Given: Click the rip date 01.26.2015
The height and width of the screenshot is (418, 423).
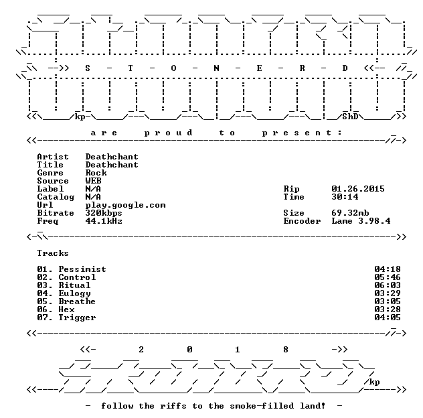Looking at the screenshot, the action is pyautogui.click(x=358, y=188).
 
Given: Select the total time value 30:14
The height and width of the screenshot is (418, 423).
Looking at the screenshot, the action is pyautogui.click(x=345, y=196).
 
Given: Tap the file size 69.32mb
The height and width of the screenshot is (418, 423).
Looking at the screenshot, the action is pyautogui.click(x=350, y=213).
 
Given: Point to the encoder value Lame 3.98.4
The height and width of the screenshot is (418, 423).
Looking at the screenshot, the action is pyautogui.click(x=361, y=221).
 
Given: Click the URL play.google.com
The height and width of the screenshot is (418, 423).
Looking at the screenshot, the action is pyautogui.click(x=125, y=205).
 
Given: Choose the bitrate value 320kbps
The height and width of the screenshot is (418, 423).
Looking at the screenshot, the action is pyautogui.click(x=104, y=213).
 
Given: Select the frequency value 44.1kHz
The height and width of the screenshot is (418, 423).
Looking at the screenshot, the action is pyautogui.click(x=104, y=221).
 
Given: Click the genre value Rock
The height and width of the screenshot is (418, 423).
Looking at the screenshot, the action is pyautogui.click(x=96, y=173).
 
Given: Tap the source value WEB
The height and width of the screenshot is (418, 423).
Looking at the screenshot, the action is pyautogui.click(x=93, y=181).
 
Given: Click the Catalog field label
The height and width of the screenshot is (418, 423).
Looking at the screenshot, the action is pyautogui.click(x=56, y=197).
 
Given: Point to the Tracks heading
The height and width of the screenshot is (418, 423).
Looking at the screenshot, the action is pyautogui.click(x=53, y=253).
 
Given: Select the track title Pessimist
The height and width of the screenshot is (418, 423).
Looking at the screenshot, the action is pyautogui.click(x=82, y=269).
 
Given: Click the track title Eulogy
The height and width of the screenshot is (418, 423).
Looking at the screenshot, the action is pyautogui.click(x=74, y=293).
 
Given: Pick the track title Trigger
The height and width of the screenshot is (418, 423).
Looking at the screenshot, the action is pyautogui.click(x=77, y=318).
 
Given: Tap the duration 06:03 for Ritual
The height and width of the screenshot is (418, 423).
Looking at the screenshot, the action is pyautogui.click(x=388, y=285).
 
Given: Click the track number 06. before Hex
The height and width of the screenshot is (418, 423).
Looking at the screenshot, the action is pyautogui.click(x=45, y=309).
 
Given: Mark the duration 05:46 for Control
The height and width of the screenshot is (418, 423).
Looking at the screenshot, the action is pyautogui.click(x=388, y=277).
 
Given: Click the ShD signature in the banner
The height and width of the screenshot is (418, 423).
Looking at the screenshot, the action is pyautogui.click(x=350, y=117).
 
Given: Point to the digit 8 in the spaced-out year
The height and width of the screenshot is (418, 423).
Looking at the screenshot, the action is pyautogui.click(x=286, y=350).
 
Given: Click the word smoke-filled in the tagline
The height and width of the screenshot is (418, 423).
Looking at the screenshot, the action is pyautogui.click(x=262, y=405).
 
